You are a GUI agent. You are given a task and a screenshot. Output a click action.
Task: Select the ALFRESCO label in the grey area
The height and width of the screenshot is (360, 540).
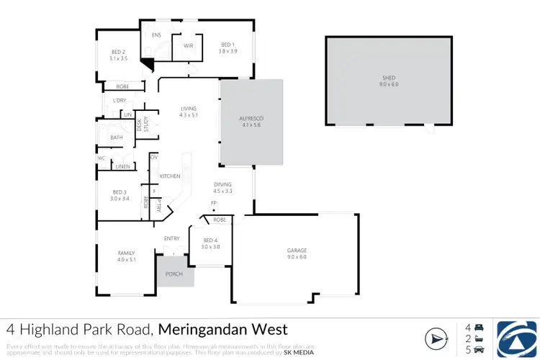tap(251, 119)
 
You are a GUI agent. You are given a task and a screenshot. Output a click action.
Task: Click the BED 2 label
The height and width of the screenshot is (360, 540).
tap(119, 52)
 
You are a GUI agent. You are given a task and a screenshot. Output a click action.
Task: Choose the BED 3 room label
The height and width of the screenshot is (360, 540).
tap(120, 192)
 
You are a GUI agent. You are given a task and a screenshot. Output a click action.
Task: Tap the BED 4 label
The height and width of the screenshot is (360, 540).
tap(210, 240)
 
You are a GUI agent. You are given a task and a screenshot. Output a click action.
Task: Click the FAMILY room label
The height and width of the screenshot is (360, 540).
tap(127, 253)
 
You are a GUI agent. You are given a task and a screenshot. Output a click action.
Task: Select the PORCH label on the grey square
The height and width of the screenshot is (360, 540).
tap(174, 274)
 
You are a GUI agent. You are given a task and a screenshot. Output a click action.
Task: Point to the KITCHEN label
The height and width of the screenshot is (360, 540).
tap(169, 176)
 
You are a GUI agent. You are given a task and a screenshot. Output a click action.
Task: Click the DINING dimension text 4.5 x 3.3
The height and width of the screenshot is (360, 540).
tap(222, 192)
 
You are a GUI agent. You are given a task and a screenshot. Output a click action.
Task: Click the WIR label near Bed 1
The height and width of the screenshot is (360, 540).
tap(188, 45)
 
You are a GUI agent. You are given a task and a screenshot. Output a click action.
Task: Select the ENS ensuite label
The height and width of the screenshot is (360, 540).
tap(156, 35)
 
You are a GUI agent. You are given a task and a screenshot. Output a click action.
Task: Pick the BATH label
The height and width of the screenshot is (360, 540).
tap(116, 137)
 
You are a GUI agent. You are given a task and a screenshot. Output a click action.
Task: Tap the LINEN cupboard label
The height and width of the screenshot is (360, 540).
tap(122, 166)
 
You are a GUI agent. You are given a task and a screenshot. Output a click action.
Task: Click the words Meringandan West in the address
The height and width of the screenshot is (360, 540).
tap(222, 330)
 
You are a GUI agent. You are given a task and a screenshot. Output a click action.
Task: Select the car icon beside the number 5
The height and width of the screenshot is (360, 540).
tap(479, 351)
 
